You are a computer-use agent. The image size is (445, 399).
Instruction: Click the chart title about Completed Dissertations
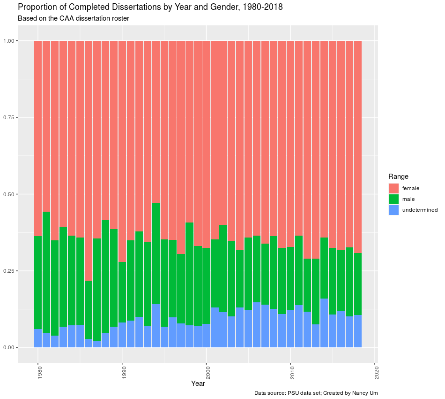150,8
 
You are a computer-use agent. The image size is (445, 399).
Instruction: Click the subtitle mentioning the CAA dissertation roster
73,19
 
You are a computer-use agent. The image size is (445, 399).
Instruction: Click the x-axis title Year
198,384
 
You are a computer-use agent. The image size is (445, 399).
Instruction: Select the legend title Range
398,176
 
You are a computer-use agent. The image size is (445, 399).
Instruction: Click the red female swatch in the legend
393,188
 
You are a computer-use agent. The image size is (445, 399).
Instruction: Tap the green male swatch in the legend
393,199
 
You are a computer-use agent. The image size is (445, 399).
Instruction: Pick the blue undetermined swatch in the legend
393,210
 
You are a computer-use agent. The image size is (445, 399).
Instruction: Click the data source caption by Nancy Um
316,393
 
